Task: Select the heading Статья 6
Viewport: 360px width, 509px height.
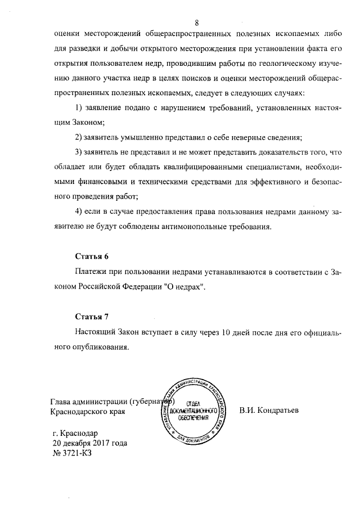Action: (92, 256)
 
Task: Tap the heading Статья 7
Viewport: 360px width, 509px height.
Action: (92, 317)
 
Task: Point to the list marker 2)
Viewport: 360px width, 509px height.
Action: (79, 137)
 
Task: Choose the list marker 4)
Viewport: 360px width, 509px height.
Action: (79, 211)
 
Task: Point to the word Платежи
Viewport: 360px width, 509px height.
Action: (92, 272)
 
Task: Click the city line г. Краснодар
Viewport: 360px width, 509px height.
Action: (74, 433)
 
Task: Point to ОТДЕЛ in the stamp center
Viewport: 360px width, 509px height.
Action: (193, 403)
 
